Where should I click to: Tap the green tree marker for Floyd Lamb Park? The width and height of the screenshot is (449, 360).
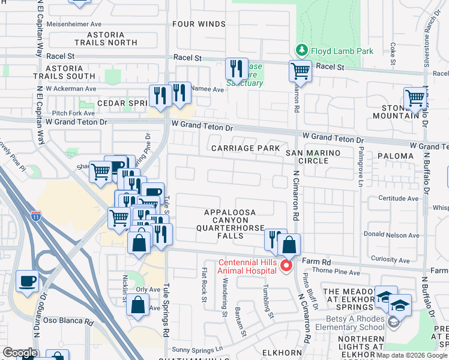pos(301,50)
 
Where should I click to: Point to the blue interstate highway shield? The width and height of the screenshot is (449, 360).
pos(36,216)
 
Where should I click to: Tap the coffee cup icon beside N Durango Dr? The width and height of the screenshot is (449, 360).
pos(28,281)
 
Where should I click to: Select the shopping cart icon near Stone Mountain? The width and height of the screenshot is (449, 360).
pos(415,97)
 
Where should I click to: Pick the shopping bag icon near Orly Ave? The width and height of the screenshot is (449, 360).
pos(138,304)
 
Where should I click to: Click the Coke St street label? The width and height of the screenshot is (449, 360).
pos(392,53)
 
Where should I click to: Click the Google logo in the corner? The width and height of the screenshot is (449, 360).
pos(20,353)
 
